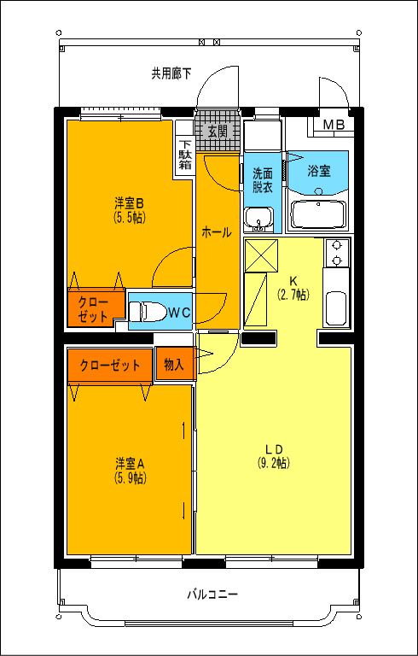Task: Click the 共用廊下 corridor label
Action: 171,73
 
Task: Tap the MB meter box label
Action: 333,126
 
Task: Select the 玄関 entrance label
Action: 218,131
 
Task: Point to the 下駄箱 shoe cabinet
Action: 185,155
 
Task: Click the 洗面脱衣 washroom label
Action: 262,180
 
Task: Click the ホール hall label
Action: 216,231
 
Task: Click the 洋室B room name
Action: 130,203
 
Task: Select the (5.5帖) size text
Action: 130,217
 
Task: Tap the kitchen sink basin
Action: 336,308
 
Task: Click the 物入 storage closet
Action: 174,365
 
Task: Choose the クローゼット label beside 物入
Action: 110,365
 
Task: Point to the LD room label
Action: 273,449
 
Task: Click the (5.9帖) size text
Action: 130,477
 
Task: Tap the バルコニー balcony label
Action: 212,594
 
